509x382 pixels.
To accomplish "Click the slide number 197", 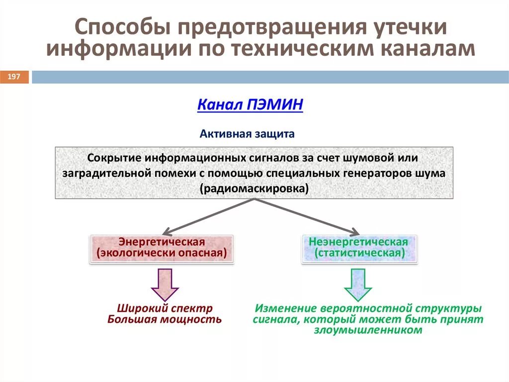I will pyautogui.click(x=14, y=77).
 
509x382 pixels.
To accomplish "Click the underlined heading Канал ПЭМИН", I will pyautogui.click(x=250, y=105).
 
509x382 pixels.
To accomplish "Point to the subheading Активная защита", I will pyautogui.click(x=247, y=134).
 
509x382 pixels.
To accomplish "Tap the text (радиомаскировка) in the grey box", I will pyautogui.click(x=254, y=189).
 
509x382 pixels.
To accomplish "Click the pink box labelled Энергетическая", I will pyautogui.click(x=162, y=248).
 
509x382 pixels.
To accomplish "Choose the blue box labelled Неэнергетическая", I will pyautogui.click(x=358, y=248).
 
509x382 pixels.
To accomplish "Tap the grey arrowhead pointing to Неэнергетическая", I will pyautogui.click(x=354, y=232).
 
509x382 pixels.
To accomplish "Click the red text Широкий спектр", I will pyautogui.click(x=165, y=309).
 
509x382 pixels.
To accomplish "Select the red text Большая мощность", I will pyautogui.click(x=165, y=320).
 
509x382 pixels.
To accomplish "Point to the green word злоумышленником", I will pyautogui.click(x=368, y=330).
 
